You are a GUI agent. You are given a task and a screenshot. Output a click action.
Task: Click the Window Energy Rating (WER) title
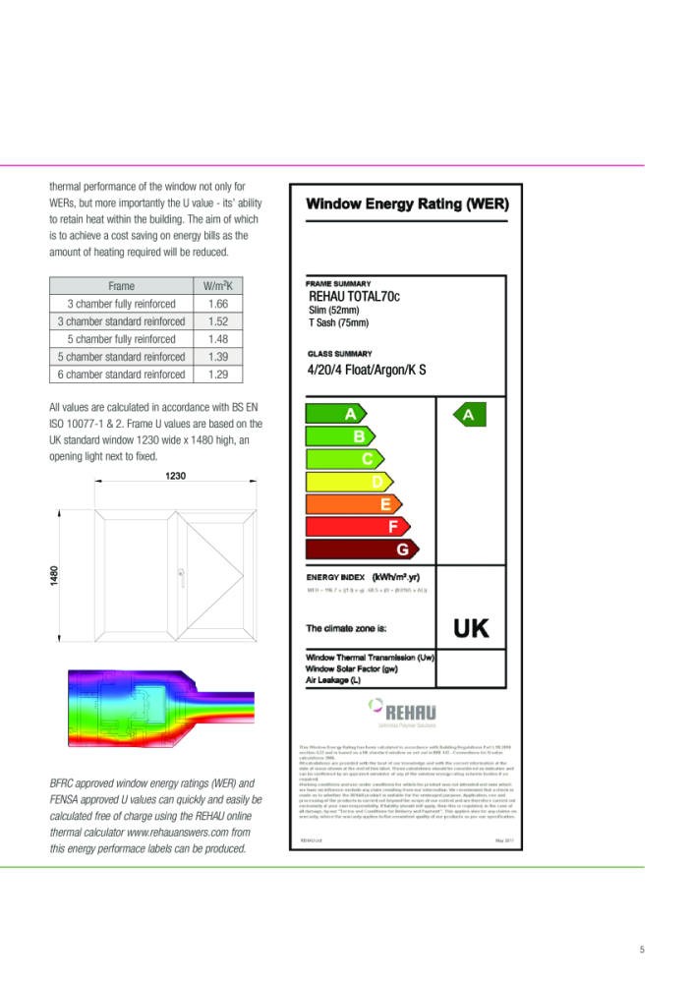click(x=407, y=204)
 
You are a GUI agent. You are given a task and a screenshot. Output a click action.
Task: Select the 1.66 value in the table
click(x=218, y=304)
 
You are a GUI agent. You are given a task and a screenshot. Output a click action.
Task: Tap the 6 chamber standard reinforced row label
click(x=122, y=375)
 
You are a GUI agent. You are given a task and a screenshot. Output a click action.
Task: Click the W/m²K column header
click(x=218, y=286)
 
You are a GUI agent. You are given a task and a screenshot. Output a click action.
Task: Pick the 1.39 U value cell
click(x=218, y=357)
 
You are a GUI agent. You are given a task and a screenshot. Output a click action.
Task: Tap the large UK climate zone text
click(x=471, y=628)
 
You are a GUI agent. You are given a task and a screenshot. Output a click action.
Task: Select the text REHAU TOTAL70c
click(x=355, y=296)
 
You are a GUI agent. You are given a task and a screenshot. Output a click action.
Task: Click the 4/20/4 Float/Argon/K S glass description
click(x=368, y=371)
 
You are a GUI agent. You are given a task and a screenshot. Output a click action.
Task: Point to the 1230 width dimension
click(x=176, y=476)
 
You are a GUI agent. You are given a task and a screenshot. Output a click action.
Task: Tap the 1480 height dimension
click(x=55, y=575)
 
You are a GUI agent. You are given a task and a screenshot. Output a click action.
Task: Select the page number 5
click(x=642, y=949)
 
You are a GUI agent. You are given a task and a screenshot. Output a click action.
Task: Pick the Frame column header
click(x=122, y=286)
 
